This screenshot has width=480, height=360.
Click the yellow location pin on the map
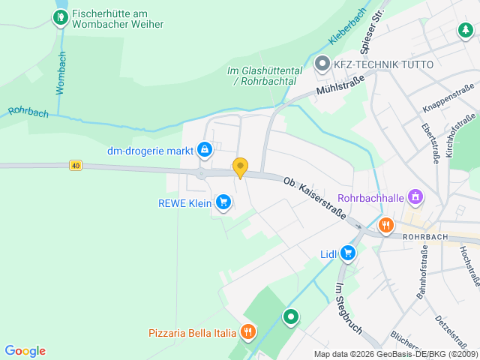coord(240,167)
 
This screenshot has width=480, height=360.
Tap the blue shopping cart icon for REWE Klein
coord(223,202)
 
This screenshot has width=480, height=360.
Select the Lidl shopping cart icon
coord(347,253)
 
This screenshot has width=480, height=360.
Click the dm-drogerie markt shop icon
coord(204,150)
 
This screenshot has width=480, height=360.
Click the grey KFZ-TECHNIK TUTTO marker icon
coord(322,64)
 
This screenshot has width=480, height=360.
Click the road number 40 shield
coord(75,165)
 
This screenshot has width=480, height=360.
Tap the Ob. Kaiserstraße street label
coord(314,199)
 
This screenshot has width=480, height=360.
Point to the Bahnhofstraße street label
coord(421,277)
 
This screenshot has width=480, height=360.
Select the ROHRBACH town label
coord(425,237)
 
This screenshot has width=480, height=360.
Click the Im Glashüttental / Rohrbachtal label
coord(265,76)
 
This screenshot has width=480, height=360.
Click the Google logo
coord(25,351)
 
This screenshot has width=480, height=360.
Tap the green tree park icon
coord(466,30)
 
